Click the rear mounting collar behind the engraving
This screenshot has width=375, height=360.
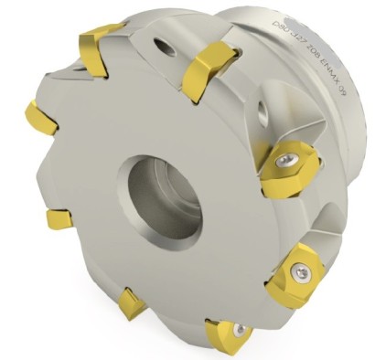click(343, 64)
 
